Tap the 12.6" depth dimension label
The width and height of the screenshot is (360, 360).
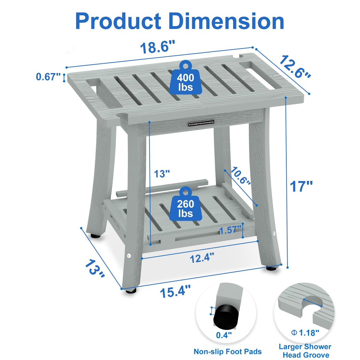click(x=294, y=67)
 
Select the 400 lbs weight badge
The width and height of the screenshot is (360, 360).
click(x=186, y=81)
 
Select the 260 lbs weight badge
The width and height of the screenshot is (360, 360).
click(x=186, y=208)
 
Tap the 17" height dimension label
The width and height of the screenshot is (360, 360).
click(x=301, y=186)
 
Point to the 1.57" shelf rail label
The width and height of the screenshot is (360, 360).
click(x=230, y=230)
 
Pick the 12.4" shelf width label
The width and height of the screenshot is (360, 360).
click(x=202, y=258)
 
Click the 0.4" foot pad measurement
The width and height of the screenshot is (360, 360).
click(x=224, y=335)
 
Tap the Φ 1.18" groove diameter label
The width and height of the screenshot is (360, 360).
click(x=305, y=333)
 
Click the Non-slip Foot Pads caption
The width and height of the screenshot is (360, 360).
click(x=227, y=352)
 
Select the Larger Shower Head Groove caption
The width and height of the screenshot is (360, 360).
click(x=305, y=351)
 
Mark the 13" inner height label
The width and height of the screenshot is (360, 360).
click(x=162, y=173)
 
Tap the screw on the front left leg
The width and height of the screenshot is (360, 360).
click(x=129, y=255)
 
